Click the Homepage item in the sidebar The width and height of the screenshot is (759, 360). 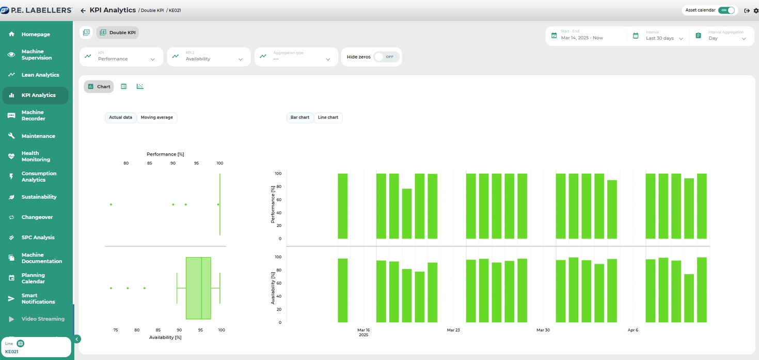[x=35, y=34]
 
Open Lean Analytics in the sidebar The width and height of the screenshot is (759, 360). [x=40, y=75]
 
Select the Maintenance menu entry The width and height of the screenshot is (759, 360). [x=38, y=136]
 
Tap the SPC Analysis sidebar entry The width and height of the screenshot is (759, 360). [x=38, y=238]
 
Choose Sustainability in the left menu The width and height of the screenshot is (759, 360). [x=39, y=197]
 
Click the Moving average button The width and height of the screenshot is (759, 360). [x=157, y=118]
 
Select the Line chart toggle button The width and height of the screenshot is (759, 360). [x=328, y=118]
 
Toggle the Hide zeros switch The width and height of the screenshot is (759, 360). [x=386, y=57]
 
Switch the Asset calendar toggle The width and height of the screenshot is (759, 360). [x=726, y=10]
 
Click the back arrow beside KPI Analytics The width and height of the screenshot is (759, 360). [x=83, y=10]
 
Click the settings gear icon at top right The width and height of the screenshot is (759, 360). [x=756, y=10]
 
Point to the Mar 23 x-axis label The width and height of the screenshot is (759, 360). [x=453, y=330]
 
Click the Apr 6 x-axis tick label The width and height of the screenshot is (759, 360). [x=633, y=330]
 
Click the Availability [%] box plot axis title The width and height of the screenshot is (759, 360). [x=165, y=337]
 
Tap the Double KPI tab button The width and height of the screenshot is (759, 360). [x=118, y=33]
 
